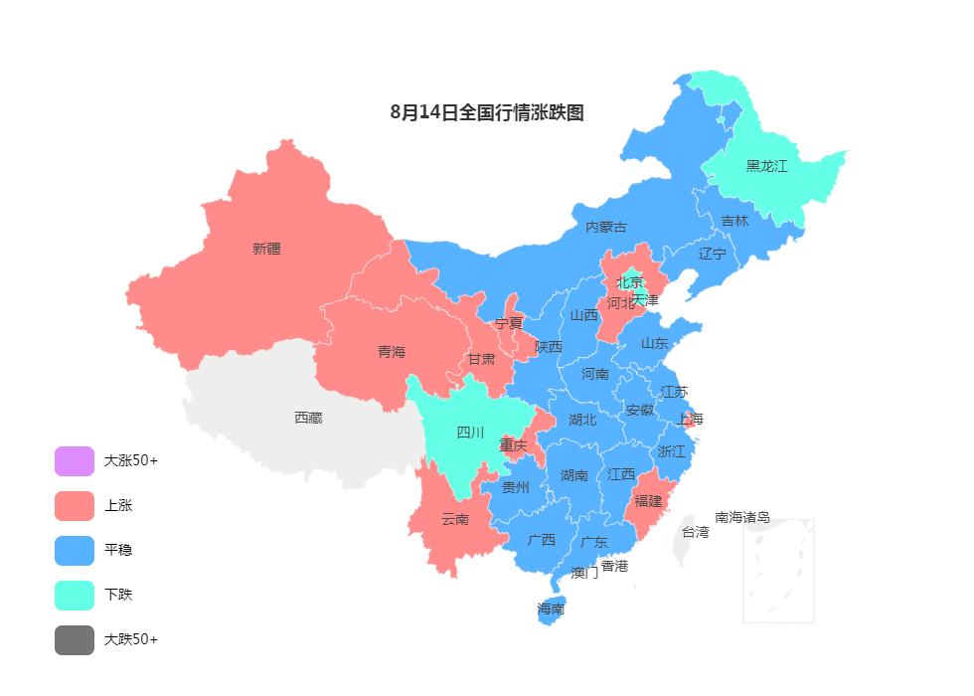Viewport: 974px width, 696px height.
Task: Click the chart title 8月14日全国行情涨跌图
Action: tap(487, 112)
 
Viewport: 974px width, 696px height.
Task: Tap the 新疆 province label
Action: tap(266, 249)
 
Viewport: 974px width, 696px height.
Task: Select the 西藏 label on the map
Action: tap(308, 418)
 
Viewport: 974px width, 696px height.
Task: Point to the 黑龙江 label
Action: tap(766, 166)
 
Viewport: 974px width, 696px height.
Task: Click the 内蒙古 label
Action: tap(605, 227)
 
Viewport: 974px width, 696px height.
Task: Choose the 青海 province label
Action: tap(392, 351)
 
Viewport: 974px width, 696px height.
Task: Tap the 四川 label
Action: tap(470, 432)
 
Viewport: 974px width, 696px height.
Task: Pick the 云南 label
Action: tap(455, 518)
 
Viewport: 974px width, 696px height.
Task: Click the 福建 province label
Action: tap(648, 500)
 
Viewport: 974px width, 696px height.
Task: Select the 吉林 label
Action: tap(734, 221)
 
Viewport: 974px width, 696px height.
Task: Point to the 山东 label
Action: tap(654, 343)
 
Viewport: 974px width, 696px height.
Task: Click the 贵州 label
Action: tap(516, 487)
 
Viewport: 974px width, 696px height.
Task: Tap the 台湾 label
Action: tap(696, 532)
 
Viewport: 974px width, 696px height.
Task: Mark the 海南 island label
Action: tap(551, 609)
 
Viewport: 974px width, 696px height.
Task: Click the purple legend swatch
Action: tap(75, 461)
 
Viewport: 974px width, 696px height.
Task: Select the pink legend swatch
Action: tap(75, 506)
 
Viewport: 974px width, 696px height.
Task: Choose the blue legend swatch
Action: tap(75, 551)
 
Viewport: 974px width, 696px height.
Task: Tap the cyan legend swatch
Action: tap(75, 596)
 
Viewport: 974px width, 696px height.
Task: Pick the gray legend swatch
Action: tap(75, 640)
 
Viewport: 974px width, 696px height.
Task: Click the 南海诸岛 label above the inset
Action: tap(741, 517)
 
